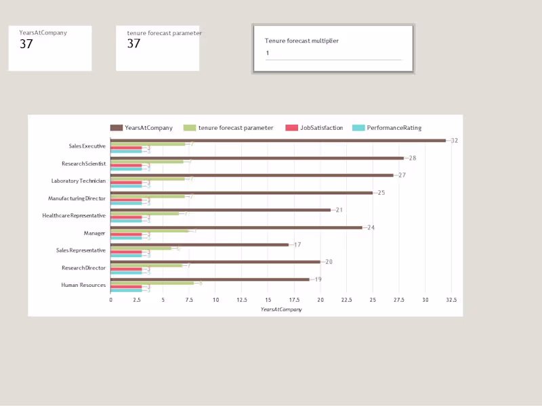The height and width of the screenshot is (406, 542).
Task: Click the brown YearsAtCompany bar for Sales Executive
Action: tap(278, 141)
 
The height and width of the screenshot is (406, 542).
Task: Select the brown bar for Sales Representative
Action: tap(199, 245)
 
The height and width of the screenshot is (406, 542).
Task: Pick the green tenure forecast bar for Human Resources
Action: tap(152, 283)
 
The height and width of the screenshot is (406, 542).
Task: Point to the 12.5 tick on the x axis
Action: tap(242, 300)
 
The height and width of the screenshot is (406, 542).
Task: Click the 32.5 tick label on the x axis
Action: tap(451, 300)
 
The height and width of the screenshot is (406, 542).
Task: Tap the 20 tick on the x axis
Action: tap(320, 300)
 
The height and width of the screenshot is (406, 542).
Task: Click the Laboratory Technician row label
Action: tap(78, 181)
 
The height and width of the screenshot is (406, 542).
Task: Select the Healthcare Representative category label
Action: tap(74, 215)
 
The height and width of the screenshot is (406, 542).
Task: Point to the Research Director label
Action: tap(83, 267)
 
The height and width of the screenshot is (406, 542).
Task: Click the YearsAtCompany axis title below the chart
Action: tap(281, 309)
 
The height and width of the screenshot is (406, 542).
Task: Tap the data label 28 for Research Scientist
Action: tap(412, 158)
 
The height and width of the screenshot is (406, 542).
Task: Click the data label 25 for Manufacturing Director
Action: tap(381, 193)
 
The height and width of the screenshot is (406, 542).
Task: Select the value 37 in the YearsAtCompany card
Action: tap(26, 44)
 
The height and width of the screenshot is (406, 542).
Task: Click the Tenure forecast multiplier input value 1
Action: tap(268, 53)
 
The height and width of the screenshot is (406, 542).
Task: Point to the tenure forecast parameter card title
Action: tap(164, 32)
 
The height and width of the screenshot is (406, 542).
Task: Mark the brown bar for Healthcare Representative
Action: tap(220, 210)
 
